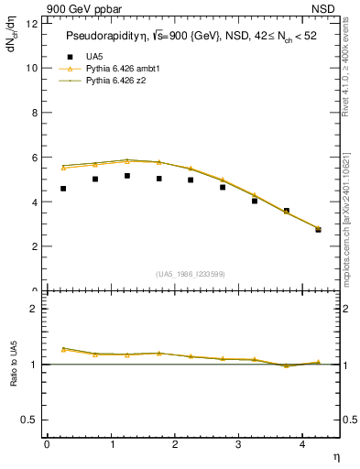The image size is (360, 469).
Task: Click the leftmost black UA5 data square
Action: (x=63, y=189)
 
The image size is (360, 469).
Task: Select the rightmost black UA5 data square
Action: (x=319, y=230)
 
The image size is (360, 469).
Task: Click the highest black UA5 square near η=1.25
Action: (x=127, y=176)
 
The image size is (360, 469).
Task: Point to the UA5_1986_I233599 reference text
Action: (x=191, y=275)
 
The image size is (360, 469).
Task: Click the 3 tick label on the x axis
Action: (x=238, y=444)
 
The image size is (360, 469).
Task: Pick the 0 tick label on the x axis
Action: (x=47, y=444)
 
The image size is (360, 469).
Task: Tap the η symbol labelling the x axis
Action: (x=334, y=455)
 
